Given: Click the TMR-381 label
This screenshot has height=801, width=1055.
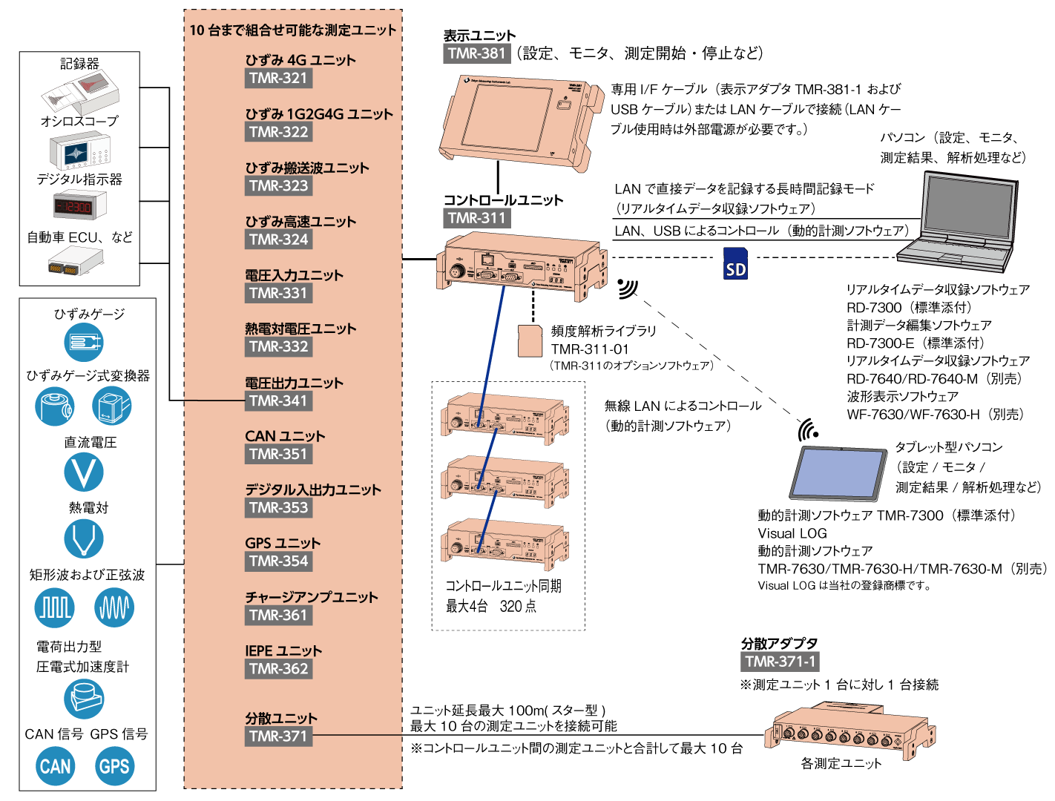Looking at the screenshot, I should click(477, 53).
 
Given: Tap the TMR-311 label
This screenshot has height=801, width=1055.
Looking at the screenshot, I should click(477, 218).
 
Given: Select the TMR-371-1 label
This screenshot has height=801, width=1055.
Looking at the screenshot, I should click(780, 662).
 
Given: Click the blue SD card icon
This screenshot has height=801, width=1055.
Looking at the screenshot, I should click(735, 264).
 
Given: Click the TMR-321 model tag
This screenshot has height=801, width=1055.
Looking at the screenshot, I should click(278, 79).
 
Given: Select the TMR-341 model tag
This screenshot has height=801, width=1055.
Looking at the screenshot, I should click(278, 401).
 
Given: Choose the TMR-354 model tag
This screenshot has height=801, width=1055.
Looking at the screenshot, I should click(278, 561).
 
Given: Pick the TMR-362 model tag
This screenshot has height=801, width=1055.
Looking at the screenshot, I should click(278, 669).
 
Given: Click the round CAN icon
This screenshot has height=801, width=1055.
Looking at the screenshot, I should click(56, 766).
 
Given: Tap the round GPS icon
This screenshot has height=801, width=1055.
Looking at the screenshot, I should click(114, 766).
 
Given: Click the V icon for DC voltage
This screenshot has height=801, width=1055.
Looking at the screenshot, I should click(83, 472).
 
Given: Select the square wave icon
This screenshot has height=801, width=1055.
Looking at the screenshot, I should click(55, 607).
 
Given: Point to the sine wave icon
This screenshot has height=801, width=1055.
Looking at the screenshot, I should click(114, 607).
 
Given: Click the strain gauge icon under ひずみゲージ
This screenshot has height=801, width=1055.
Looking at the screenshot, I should click(83, 342).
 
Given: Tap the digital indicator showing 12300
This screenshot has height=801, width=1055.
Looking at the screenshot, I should click(79, 206).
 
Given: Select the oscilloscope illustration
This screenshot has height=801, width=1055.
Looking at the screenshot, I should click(80, 151).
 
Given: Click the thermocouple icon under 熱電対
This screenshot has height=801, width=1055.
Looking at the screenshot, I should click(83, 538).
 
